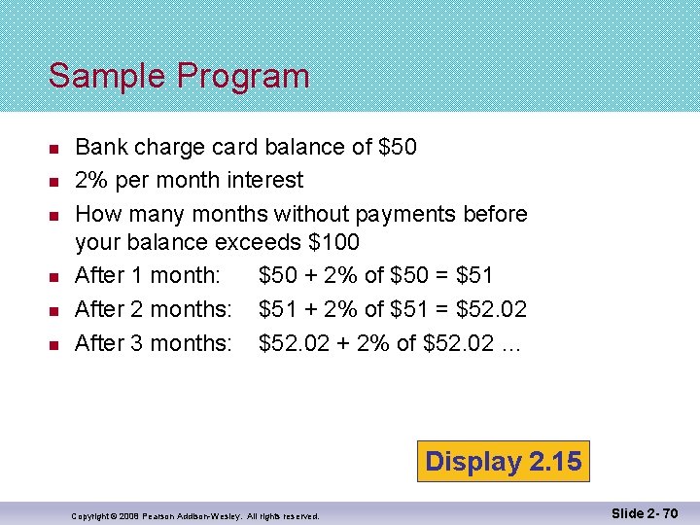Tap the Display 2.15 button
point(503,461)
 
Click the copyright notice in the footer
point(195,515)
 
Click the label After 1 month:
point(147,275)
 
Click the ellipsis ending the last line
point(511,344)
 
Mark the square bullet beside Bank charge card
point(54,148)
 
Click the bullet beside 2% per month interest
point(54,181)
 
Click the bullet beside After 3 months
point(54,343)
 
